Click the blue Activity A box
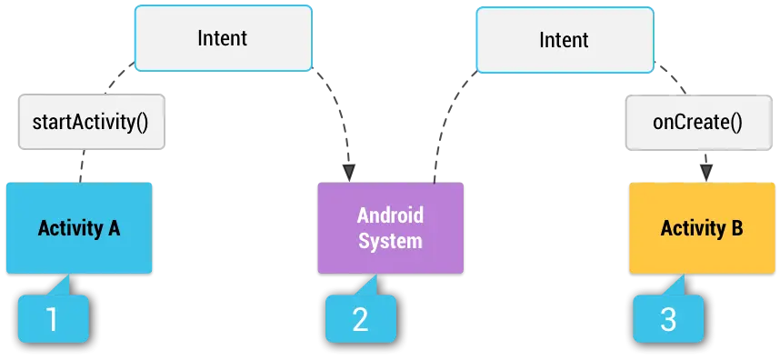pos(79,227)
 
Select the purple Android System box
pos(389,227)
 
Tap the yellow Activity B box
pos(701,227)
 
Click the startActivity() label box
pos(91,121)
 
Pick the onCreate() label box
pos(697,121)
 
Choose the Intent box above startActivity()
pos(223,38)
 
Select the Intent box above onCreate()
pos(564,40)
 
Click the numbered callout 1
pos(53,319)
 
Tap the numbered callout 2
pos(360,319)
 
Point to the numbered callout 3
pos(669,319)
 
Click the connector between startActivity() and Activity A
pos(84,166)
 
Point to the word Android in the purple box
pos(390,216)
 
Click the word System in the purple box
pos(390,240)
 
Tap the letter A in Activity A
pos(114,227)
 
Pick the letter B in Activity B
pos(736,227)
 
